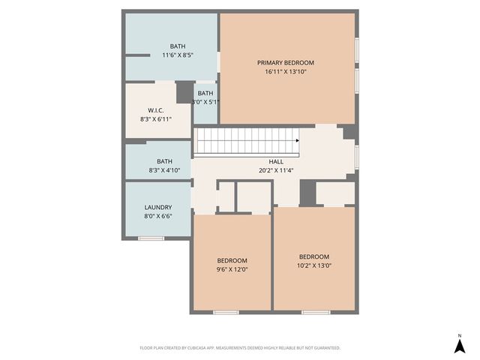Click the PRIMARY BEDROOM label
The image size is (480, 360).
[x=285, y=62]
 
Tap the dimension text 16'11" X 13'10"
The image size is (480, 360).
[x=285, y=72]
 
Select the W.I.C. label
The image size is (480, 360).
[x=156, y=109]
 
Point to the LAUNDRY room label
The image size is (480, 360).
[x=157, y=207]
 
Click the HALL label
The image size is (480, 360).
[x=276, y=161]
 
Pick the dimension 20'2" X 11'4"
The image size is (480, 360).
[x=276, y=170]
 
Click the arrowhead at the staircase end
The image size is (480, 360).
[x=298, y=140]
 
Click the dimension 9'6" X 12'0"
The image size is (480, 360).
[x=232, y=269]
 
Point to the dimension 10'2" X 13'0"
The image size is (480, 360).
[x=313, y=265]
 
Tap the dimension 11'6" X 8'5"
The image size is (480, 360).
[x=178, y=55]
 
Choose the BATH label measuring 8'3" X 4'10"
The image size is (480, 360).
[x=164, y=161]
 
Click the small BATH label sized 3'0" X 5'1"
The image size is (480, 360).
[x=205, y=93]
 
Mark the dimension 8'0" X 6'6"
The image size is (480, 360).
[x=157, y=216]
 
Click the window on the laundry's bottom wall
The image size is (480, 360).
[x=151, y=238]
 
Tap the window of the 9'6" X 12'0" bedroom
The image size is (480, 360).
[x=226, y=312]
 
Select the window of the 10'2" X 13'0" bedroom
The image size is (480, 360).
[x=316, y=312]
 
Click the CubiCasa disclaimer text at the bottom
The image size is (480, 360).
[x=240, y=348]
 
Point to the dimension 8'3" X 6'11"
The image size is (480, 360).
[x=156, y=118]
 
